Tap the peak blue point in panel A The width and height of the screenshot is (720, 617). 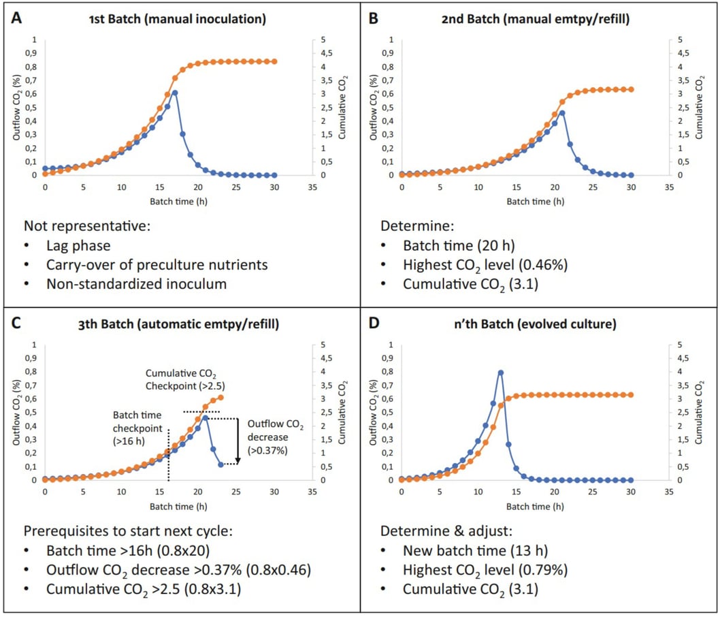(x=175, y=93)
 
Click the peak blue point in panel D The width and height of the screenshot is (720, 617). (x=500, y=373)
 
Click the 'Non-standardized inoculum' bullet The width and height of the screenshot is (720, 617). (x=137, y=284)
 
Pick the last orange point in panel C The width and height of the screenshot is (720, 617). (x=220, y=397)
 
